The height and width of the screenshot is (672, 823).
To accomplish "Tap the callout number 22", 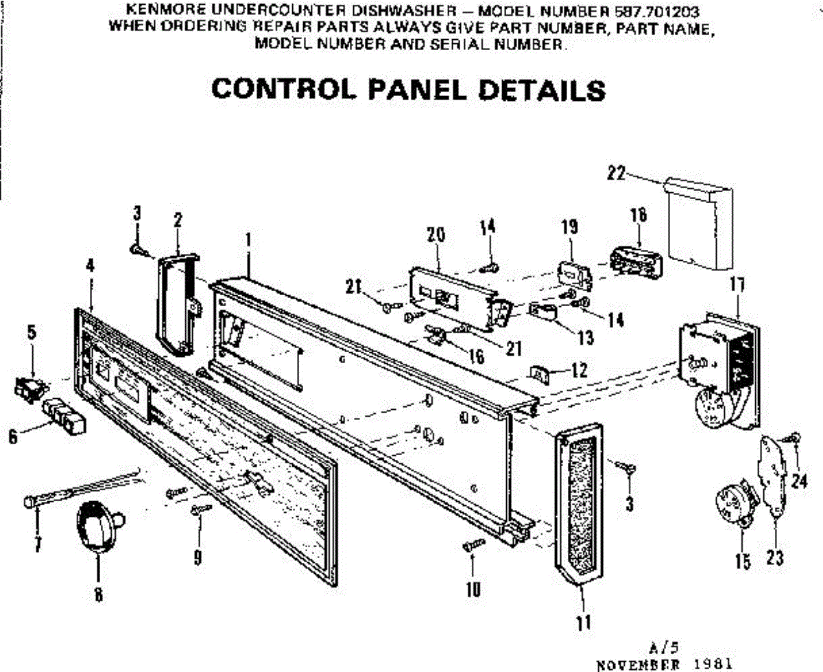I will pos(616,174).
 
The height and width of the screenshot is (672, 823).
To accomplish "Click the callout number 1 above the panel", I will pos(248,241).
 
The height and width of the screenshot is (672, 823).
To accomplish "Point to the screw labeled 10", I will pos(474,546).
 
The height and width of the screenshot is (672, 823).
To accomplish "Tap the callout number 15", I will pos(743,562).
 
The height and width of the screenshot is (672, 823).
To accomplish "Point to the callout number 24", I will pos(798,481).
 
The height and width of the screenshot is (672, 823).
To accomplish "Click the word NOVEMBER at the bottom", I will pos(640,663).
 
